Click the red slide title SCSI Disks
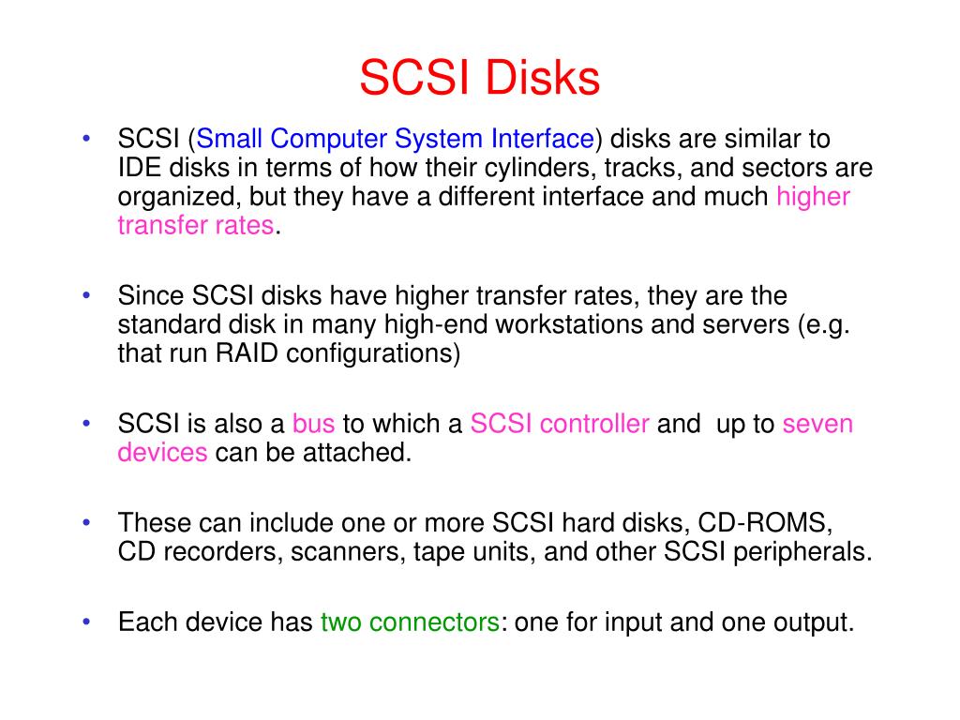tap(479, 79)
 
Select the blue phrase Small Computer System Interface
tap(396, 141)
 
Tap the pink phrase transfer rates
tap(196, 226)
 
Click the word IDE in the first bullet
tap(138, 169)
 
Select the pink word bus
tap(313, 425)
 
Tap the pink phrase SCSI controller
tap(560, 425)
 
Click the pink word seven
tap(817, 425)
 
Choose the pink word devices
tap(162, 453)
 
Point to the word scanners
tap(346, 551)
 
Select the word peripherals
tap(807, 551)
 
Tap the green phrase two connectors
tap(409, 622)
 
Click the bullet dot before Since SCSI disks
tap(86, 295)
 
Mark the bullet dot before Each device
tap(86, 622)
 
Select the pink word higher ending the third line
tap(813, 197)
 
